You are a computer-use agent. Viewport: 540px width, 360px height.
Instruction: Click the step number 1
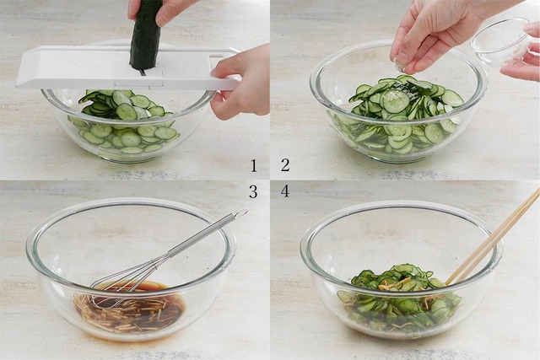point(254,165)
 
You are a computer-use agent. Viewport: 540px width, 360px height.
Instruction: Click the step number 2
point(285,165)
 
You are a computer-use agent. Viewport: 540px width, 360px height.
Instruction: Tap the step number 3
point(253,192)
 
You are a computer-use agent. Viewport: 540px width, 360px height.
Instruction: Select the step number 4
point(285,191)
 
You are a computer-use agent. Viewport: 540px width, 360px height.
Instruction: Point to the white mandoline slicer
point(127,67)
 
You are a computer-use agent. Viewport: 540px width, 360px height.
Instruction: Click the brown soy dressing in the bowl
point(129,306)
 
